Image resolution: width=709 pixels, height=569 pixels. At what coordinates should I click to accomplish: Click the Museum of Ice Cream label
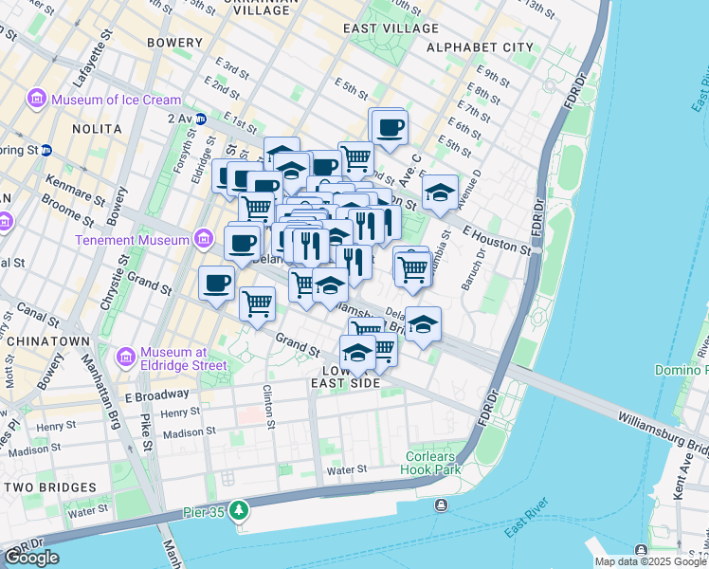point(116,100)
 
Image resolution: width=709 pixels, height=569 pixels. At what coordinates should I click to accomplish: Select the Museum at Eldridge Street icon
point(125,357)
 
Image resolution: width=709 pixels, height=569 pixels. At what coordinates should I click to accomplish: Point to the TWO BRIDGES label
point(49,487)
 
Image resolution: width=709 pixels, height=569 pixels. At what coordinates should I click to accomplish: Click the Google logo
point(31,557)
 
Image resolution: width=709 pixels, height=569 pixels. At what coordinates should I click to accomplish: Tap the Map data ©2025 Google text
point(649,561)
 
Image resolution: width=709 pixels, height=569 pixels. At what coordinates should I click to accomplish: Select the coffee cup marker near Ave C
point(389,127)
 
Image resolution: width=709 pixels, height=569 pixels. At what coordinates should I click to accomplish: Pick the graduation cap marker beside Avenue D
point(439,193)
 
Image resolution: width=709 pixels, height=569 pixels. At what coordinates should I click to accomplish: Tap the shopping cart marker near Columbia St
point(412,268)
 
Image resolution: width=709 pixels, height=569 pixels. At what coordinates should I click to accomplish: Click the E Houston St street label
point(497,239)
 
